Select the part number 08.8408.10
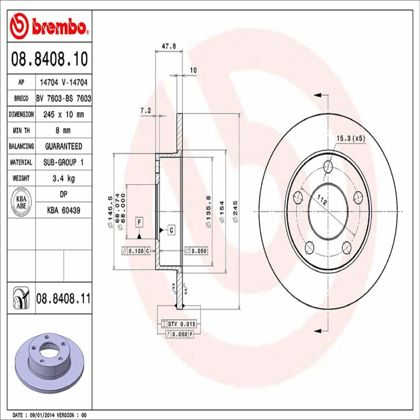click(x=49, y=59)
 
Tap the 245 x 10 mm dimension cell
click(x=63, y=115)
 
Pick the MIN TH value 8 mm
click(x=63, y=131)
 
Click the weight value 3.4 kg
click(x=63, y=178)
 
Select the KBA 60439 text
click(x=63, y=210)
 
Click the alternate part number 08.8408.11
click(x=63, y=299)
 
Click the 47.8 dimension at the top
click(x=169, y=46)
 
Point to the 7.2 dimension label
click(x=146, y=110)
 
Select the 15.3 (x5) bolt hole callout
click(x=351, y=138)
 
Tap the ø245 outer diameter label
click(x=235, y=212)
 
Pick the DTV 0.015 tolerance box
click(x=179, y=324)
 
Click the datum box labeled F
click(x=140, y=223)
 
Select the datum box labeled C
click(x=171, y=230)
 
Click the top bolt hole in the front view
click(x=328, y=166)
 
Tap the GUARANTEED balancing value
click(x=63, y=146)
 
